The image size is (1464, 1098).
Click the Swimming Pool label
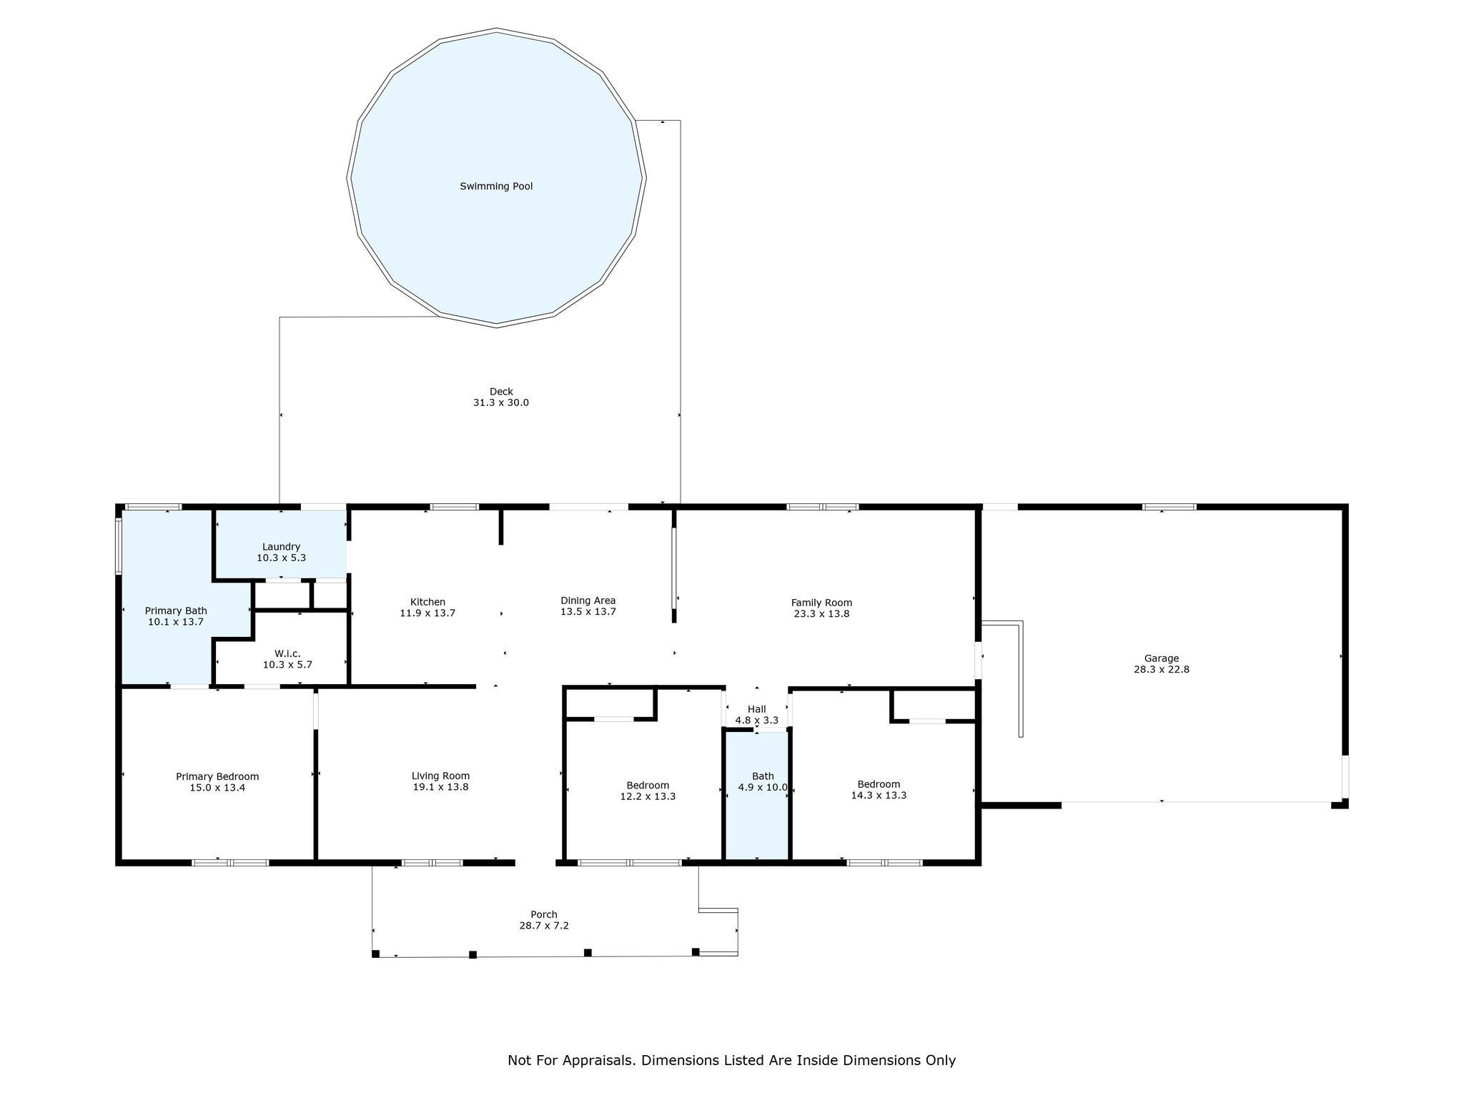[x=496, y=187]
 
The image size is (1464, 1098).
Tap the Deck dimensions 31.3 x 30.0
[x=501, y=402]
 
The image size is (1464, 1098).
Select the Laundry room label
[x=281, y=547]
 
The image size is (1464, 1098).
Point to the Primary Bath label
[x=176, y=610]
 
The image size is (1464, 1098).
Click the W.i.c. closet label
[x=287, y=653]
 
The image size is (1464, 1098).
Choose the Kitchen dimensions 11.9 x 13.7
[x=427, y=613]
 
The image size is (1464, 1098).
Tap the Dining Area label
[x=588, y=600]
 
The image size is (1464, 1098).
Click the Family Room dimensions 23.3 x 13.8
[x=821, y=613]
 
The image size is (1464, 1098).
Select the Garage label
[x=1162, y=658]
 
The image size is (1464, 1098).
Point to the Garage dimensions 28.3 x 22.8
[x=1162, y=670]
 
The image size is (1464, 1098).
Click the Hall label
[x=757, y=709]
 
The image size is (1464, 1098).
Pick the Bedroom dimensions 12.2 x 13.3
[x=648, y=796]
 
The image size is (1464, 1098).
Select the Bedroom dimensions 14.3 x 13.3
[x=879, y=795]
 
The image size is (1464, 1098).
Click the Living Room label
[x=440, y=776]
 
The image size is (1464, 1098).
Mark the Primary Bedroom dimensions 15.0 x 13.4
[x=217, y=788]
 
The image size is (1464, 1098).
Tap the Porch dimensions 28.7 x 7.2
[x=544, y=926]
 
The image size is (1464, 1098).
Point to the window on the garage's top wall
[x=1169, y=507]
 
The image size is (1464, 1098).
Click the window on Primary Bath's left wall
[x=119, y=546]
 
